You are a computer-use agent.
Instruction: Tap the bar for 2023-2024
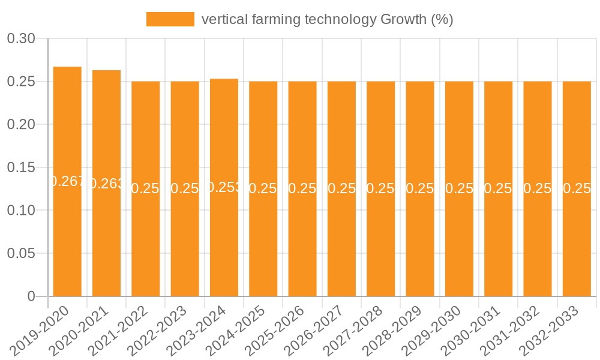pos(224,240)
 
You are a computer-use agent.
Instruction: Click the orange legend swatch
pos(170,19)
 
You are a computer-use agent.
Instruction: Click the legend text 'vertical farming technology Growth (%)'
pos(327,19)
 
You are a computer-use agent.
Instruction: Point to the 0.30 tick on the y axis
pos(21,39)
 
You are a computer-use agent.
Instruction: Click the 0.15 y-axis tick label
pos(21,167)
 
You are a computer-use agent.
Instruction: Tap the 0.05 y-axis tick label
pos(21,253)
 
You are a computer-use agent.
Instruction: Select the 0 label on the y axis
pos(31,296)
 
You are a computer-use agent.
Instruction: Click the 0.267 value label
pos(67,181)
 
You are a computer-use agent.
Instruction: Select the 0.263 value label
pos(106,184)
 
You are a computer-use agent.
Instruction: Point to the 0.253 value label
pos(224,187)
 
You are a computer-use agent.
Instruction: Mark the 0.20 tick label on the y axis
pos(21,125)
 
